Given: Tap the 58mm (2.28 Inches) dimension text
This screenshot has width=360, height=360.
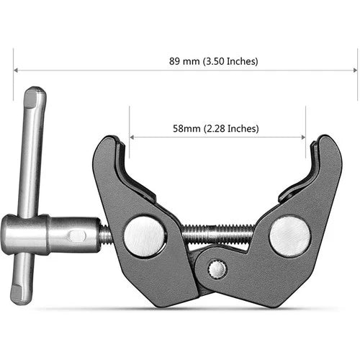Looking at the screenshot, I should click(x=216, y=129).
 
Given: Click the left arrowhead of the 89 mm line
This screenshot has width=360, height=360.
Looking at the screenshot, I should click(x=16, y=70).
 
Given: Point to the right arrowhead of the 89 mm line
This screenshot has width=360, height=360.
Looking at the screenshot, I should click(x=354, y=70).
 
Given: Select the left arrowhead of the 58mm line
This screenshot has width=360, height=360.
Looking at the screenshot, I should click(x=132, y=137).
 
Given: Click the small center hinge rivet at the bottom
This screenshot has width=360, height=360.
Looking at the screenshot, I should click(x=217, y=269).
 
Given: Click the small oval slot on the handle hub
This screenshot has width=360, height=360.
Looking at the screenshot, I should click(x=77, y=234).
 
